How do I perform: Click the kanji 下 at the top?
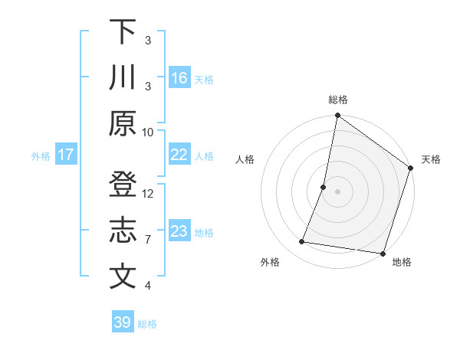(123, 33)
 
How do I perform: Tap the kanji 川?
(123, 78)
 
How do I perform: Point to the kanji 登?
(123, 186)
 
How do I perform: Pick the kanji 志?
(123, 231)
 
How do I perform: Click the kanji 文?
(123, 277)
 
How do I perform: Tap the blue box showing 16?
(179, 78)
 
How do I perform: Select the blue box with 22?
(179, 155)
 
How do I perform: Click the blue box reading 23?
(179, 231)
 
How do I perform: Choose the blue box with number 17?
(66, 155)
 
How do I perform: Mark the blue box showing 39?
(123, 322)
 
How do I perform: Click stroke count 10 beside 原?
(148, 132)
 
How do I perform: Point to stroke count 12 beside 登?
(148, 194)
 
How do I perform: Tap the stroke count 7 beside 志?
(148, 240)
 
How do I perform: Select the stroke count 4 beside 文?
(148, 286)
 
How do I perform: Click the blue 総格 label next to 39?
(147, 324)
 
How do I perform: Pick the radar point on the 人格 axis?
(324, 187)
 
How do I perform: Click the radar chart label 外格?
(269, 262)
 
